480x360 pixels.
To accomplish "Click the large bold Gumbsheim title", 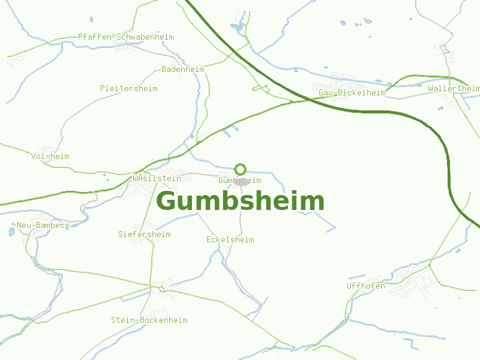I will (x=240, y=202).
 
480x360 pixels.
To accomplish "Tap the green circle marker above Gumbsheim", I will (x=241, y=169).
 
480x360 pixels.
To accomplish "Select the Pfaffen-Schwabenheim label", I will (x=125, y=37).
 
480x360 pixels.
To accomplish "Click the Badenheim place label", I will (x=182, y=70).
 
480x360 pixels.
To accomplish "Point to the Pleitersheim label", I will (x=128, y=89).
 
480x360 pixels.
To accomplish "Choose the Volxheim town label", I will (x=50, y=157).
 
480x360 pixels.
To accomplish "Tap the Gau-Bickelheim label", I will (x=352, y=93).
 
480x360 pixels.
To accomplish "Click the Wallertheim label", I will (x=454, y=89).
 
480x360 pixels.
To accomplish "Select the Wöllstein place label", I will (x=157, y=179).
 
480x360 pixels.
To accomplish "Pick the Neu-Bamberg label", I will (x=43, y=226).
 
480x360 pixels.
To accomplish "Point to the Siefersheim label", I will (x=144, y=235).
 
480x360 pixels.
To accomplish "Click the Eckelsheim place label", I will (x=230, y=240).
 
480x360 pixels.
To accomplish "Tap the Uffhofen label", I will (x=365, y=286).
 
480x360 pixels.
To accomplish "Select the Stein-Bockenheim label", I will (x=149, y=320).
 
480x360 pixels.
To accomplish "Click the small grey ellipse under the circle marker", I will (x=241, y=181).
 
